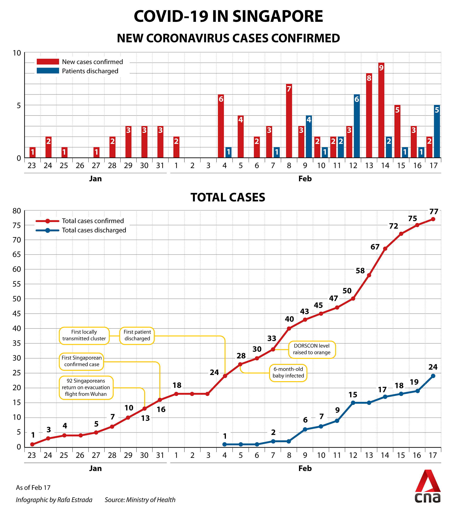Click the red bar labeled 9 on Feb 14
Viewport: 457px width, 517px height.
(x=381, y=110)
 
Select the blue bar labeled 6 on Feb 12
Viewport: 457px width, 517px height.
(x=357, y=126)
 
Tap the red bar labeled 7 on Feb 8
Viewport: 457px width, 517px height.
(x=289, y=121)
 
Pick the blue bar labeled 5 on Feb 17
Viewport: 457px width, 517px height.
(x=437, y=131)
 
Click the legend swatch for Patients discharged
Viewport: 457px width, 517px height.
(x=48, y=71)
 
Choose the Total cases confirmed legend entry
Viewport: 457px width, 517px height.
(x=80, y=221)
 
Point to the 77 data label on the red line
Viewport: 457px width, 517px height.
(x=434, y=211)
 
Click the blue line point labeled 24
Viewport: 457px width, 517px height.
(x=433, y=376)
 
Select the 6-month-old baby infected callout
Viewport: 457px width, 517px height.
(x=288, y=373)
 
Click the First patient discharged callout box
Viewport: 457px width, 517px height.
(x=137, y=335)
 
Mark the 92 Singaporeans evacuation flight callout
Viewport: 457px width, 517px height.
(x=86, y=387)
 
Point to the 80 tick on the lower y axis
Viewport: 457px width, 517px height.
(x=17, y=211)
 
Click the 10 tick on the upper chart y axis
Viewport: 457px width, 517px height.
(x=17, y=53)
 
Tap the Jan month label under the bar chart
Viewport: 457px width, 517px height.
(x=95, y=179)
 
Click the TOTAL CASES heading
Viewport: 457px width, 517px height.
(x=228, y=197)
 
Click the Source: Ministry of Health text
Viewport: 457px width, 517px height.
(x=140, y=500)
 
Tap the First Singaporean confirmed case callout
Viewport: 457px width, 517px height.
(x=82, y=361)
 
